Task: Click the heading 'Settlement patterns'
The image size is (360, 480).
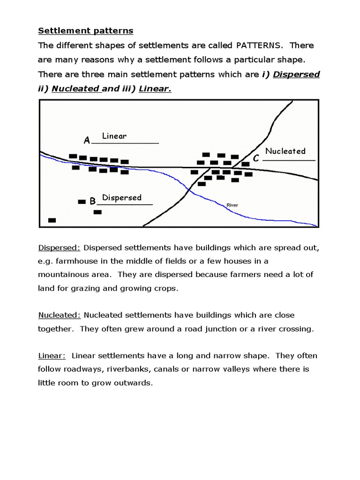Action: (85, 31)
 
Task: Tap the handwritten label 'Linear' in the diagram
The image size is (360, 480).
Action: (114, 136)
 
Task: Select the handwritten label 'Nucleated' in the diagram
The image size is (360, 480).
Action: (285, 151)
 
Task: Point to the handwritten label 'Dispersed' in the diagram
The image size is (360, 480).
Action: (121, 197)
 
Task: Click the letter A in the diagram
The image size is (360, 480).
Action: (87, 140)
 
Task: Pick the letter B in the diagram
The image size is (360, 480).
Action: (92, 202)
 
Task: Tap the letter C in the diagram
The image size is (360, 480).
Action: (256, 159)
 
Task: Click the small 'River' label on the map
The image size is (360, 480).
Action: (232, 205)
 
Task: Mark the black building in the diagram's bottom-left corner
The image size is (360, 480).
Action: (52, 220)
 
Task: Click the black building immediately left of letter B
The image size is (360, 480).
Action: (82, 202)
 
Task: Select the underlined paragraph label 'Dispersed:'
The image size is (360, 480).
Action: (59, 247)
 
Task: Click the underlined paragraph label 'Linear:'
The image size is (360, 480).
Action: (52, 355)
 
